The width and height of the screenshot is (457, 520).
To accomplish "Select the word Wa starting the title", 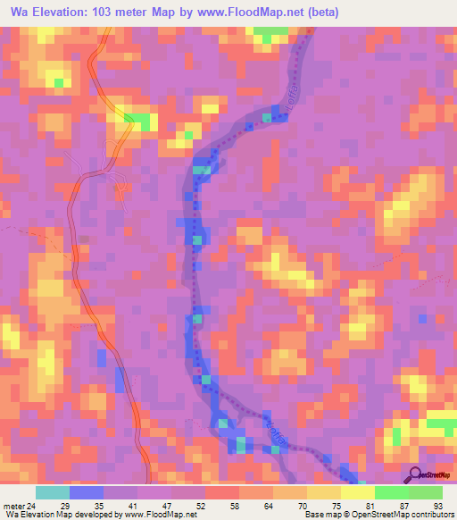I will (14, 12).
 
